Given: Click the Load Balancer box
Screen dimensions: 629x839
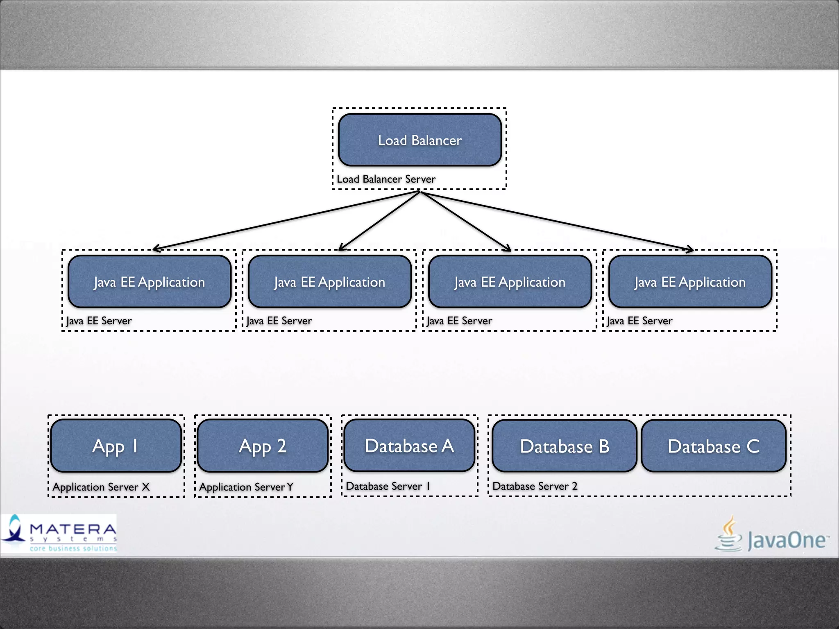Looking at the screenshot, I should tap(419, 140).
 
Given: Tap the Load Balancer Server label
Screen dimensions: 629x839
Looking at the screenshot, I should tap(386, 179).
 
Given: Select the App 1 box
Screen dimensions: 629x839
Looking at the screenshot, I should tap(116, 446).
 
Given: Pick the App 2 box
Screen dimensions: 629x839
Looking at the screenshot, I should tap(263, 446).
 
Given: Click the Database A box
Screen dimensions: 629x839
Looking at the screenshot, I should tap(409, 446).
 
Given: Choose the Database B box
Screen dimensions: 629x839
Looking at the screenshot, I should tap(564, 446).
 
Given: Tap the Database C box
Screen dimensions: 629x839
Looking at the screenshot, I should tap(713, 446).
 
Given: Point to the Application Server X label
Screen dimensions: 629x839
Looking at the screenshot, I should tap(101, 487).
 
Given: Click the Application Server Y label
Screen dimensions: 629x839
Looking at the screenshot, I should tap(246, 487).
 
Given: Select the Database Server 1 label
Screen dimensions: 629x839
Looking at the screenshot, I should tap(388, 486).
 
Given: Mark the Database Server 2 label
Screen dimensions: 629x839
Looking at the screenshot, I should tap(535, 486).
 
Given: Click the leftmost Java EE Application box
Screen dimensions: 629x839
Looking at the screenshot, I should tap(150, 282).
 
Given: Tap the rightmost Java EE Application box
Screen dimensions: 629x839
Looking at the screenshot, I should tap(690, 282).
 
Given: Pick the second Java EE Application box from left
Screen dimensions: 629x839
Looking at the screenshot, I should tap(329, 282).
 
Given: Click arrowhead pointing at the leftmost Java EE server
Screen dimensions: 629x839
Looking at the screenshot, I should tap(156, 248).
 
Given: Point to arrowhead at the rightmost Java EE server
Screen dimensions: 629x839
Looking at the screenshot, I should tap(691, 249).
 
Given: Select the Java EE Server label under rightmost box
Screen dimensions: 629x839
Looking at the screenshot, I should tap(639, 321).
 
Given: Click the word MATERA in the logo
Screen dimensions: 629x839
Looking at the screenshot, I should tap(73, 529).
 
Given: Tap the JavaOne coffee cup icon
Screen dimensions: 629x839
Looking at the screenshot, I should tap(729, 534).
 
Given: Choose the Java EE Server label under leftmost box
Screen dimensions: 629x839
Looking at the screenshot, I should tap(99, 321).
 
